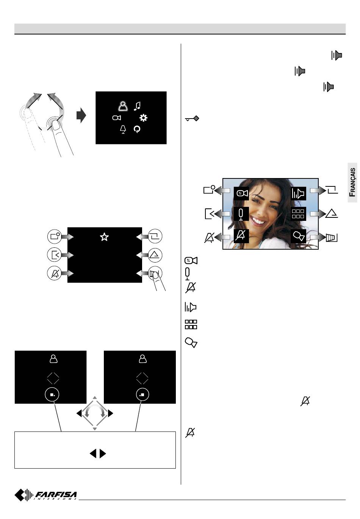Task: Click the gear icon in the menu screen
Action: (x=143, y=118)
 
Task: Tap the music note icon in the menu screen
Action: (x=137, y=106)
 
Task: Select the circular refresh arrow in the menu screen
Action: (x=137, y=130)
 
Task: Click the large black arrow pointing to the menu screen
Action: (x=81, y=116)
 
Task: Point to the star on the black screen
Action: (x=104, y=237)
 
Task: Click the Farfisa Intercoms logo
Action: (x=46, y=495)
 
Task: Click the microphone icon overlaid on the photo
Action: (x=241, y=214)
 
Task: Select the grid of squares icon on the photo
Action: (x=298, y=214)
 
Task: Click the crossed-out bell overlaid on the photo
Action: (x=241, y=236)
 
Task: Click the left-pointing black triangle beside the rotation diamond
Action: (x=79, y=413)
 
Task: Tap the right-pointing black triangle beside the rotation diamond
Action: (x=110, y=413)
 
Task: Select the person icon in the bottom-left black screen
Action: (x=53, y=359)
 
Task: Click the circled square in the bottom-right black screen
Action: (x=142, y=394)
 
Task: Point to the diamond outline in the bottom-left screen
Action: (x=53, y=378)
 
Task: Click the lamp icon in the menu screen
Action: (x=123, y=130)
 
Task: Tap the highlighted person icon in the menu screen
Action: (x=122, y=106)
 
